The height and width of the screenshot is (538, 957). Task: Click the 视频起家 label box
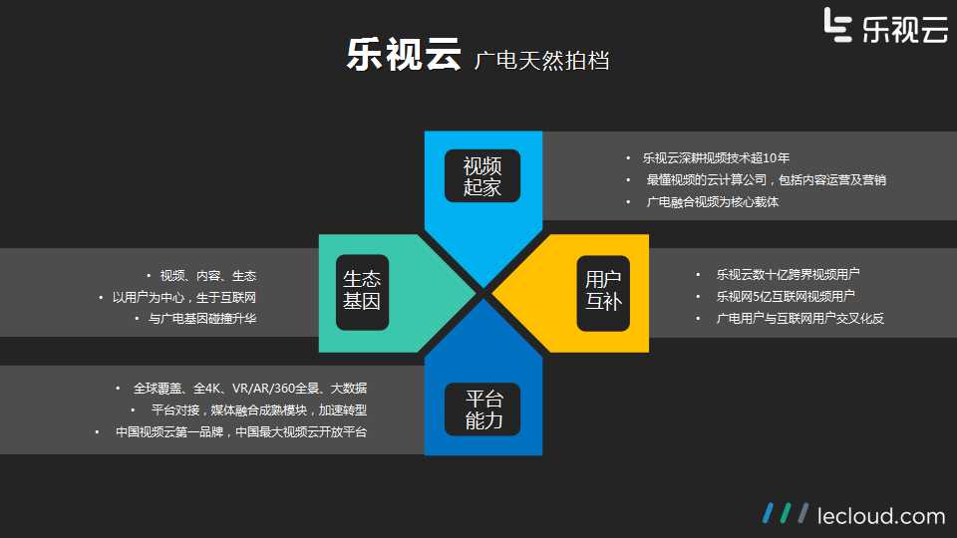(x=482, y=175)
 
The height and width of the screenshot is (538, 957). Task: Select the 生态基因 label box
(x=362, y=292)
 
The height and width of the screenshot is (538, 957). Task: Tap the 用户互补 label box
(x=603, y=292)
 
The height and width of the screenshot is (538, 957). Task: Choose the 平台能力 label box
(x=482, y=409)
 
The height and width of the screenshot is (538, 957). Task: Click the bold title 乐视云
(x=404, y=54)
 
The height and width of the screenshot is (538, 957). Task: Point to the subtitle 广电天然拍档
(x=541, y=61)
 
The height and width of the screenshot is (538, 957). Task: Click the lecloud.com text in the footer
(x=881, y=516)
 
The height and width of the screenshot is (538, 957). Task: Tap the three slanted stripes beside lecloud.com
(x=786, y=513)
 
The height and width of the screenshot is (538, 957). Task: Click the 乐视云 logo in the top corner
(x=885, y=26)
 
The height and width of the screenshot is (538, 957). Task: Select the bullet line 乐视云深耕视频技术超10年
(x=716, y=158)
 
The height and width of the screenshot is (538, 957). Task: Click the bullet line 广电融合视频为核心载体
(x=712, y=202)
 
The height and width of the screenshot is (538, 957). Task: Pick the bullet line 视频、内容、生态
(x=208, y=276)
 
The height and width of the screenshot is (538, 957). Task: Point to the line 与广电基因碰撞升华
(x=202, y=319)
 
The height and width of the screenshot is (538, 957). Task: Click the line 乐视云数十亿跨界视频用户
(x=788, y=275)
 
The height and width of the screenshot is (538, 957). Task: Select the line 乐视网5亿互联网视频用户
(x=786, y=297)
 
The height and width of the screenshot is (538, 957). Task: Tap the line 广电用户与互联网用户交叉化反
(x=800, y=319)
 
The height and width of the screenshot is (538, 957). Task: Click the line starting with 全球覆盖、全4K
(x=250, y=388)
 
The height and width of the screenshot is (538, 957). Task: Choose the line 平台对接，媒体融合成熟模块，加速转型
(x=259, y=409)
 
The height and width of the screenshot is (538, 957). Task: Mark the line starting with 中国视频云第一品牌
(x=241, y=431)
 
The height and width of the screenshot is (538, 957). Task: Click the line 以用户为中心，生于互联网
(x=184, y=297)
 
